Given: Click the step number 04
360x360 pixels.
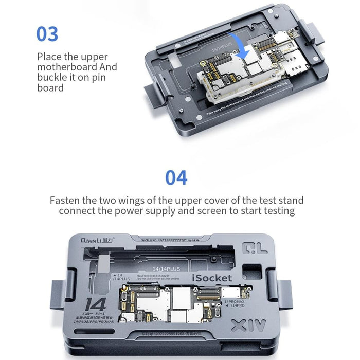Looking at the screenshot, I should point(176,177).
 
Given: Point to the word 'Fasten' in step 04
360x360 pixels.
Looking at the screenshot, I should point(66,200).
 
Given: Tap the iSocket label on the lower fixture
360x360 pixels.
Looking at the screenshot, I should point(212,278).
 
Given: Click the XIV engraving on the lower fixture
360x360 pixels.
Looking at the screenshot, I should point(248,326).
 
